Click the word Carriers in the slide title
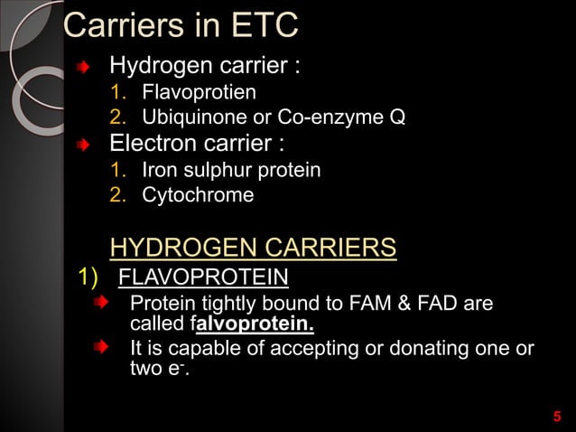point(117,25)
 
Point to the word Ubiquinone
point(189,117)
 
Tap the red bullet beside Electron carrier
point(84,145)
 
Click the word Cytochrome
point(198,195)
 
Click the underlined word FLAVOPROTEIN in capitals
point(204,276)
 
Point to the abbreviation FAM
point(365,302)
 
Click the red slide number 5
point(556,417)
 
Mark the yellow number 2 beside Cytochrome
point(116,195)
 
